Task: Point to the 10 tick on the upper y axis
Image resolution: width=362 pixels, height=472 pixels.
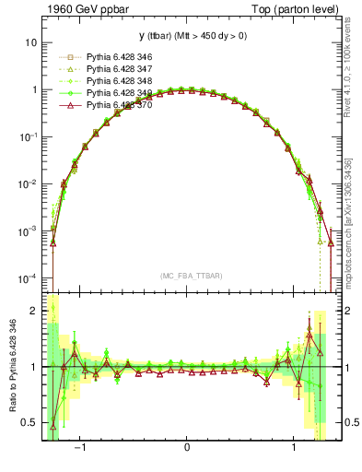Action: (x=30, y=42)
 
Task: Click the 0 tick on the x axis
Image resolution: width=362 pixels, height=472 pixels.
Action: (x=187, y=448)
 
